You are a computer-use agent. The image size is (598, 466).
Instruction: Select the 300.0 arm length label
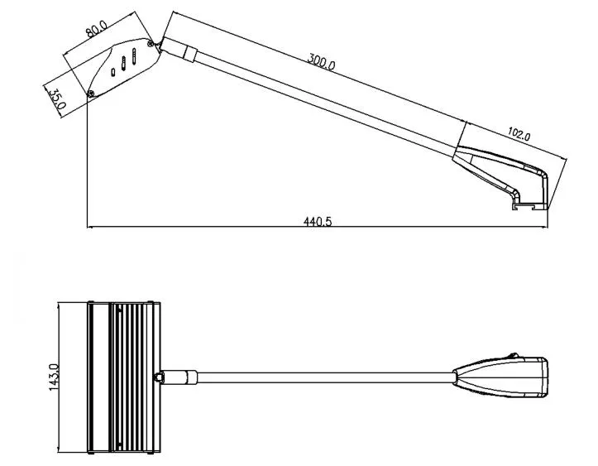click(321, 61)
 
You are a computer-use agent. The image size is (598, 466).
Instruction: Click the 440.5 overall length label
click(317, 221)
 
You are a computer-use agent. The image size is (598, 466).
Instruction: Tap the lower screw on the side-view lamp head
click(92, 93)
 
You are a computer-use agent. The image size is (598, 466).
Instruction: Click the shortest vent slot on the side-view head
click(113, 72)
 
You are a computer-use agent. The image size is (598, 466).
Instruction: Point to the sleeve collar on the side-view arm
click(190, 55)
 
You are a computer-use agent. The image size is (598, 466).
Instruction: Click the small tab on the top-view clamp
click(513, 356)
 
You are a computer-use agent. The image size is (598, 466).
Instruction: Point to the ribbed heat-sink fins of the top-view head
click(133, 377)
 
